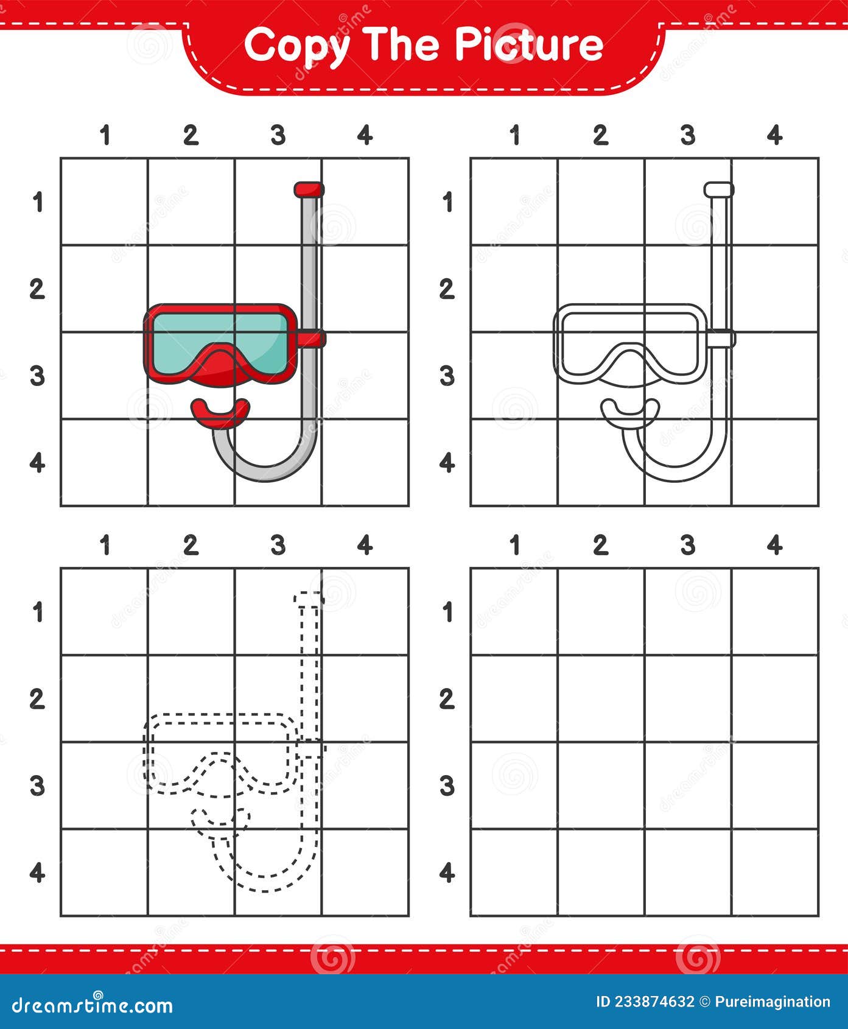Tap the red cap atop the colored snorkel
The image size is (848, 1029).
tap(309, 189)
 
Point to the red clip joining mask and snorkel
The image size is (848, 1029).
tap(313, 338)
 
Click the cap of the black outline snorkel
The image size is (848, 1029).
tap(719, 189)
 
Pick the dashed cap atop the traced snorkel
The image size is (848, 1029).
tap(309, 598)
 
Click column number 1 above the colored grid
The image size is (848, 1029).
tap(105, 135)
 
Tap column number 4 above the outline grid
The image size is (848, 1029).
tap(774, 135)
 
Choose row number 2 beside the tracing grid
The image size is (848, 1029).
tap(37, 699)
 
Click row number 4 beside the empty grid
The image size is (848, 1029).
tap(447, 873)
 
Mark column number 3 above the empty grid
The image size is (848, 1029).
tap(688, 545)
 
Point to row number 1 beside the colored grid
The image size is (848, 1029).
tap(38, 202)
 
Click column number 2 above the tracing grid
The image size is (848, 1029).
tap(191, 545)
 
